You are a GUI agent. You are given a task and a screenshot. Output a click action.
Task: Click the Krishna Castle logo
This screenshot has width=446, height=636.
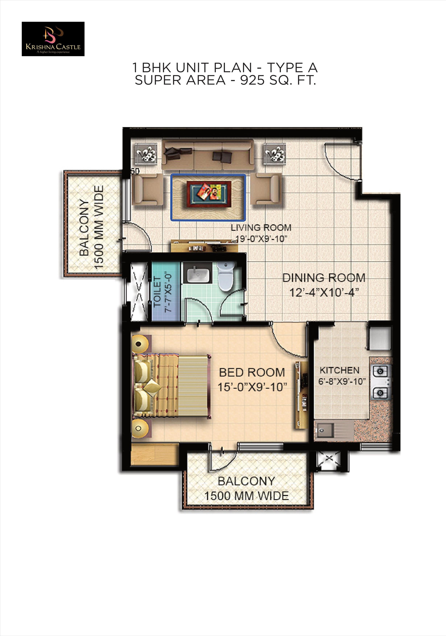tap(53, 39)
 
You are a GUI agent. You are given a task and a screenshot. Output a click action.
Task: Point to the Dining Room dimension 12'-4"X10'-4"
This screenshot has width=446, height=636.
tap(324, 292)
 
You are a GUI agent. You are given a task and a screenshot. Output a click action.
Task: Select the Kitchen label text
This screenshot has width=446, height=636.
tap(340, 370)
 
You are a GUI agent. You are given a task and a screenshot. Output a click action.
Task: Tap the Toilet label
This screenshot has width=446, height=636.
tap(157, 291)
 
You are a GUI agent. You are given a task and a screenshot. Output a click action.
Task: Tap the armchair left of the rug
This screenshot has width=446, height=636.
tap(147, 189)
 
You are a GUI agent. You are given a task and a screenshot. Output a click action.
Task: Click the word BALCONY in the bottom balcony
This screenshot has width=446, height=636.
tap(246, 481)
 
